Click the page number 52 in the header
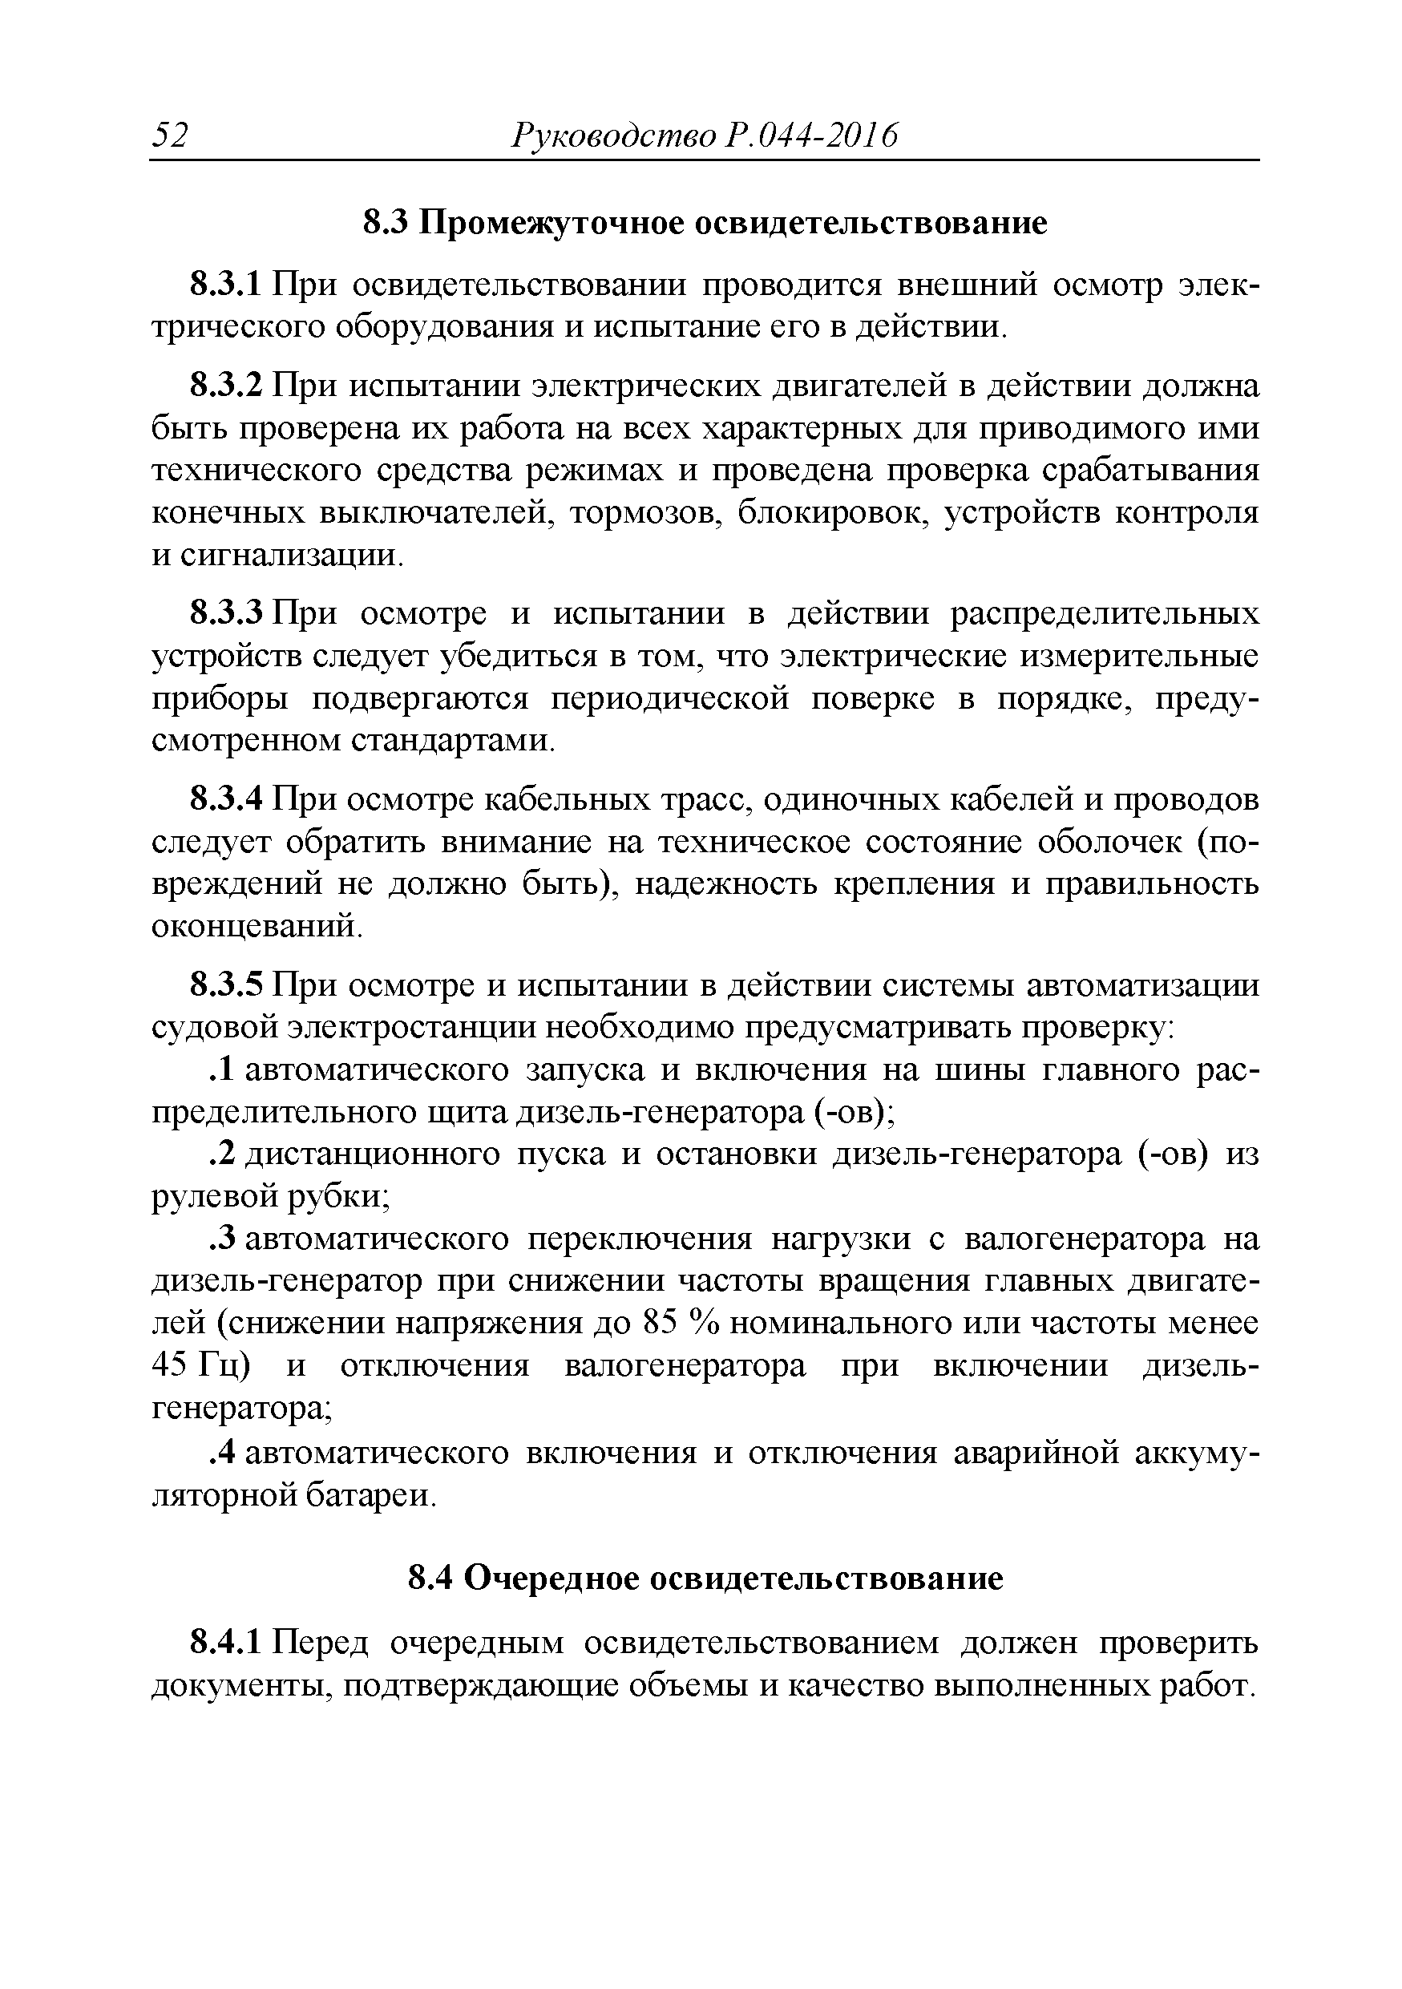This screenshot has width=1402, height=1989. point(171,136)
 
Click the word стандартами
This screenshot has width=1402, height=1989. point(452,742)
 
